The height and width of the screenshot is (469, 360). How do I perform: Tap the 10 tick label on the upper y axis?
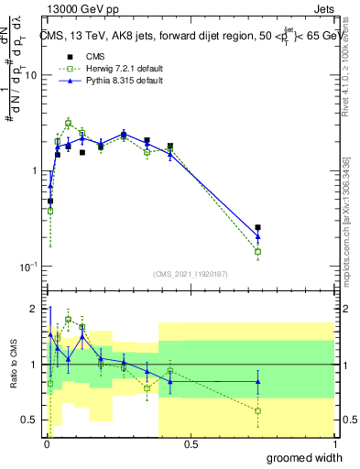click(29, 76)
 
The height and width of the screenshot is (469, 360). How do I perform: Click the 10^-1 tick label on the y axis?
click(27, 267)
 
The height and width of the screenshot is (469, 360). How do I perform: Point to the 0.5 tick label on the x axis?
click(190, 444)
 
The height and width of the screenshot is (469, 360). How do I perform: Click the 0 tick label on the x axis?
click(45, 444)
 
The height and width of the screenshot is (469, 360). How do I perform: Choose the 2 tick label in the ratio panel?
click(35, 309)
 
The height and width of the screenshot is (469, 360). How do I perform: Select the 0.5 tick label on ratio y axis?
click(31, 420)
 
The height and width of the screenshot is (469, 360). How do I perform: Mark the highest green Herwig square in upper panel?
click(69, 123)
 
